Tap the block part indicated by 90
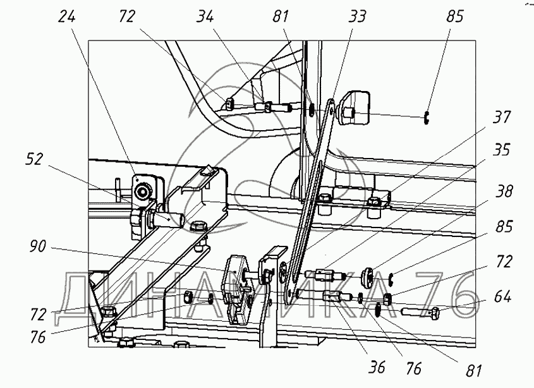tap(236, 278)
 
